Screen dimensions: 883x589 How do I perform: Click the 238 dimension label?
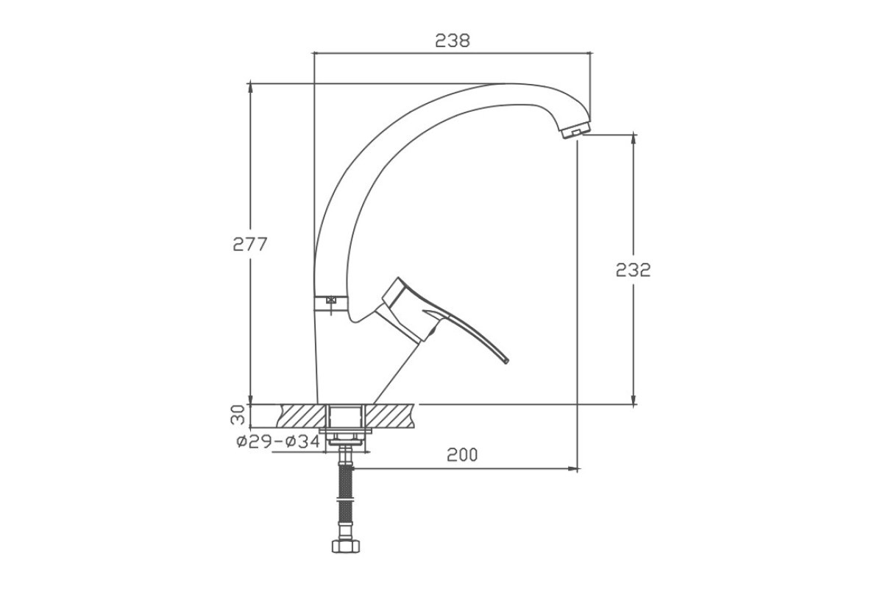pyautogui.click(x=453, y=40)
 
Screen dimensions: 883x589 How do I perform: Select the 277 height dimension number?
pyautogui.click(x=250, y=244)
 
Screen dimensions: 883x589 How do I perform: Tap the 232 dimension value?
pyautogui.click(x=633, y=270)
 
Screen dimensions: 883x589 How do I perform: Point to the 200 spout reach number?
pyautogui.click(x=462, y=455)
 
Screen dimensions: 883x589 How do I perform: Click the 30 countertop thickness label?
pyautogui.click(x=238, y=415)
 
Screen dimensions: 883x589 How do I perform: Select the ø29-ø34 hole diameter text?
pyautogui.click(x=278, y=442)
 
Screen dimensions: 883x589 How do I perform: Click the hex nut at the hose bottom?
pyautogui.click(x=346, y=546)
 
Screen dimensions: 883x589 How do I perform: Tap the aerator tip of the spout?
pyautogui.click(x=576, y=130)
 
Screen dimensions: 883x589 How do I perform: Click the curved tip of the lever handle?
pyautogui.click(x=506, y=360)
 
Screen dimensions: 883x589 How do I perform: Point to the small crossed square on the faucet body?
pyautogui.click(x=331, y=300)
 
